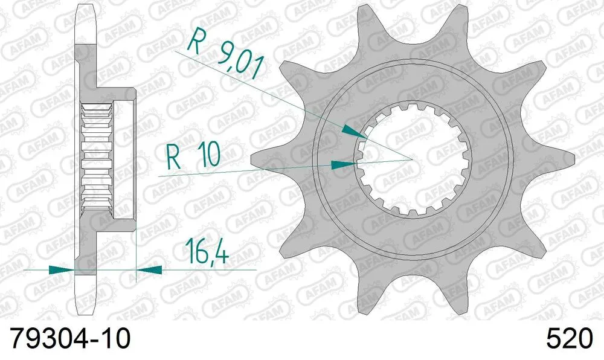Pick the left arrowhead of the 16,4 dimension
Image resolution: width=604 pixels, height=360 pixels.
(61, 269)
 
